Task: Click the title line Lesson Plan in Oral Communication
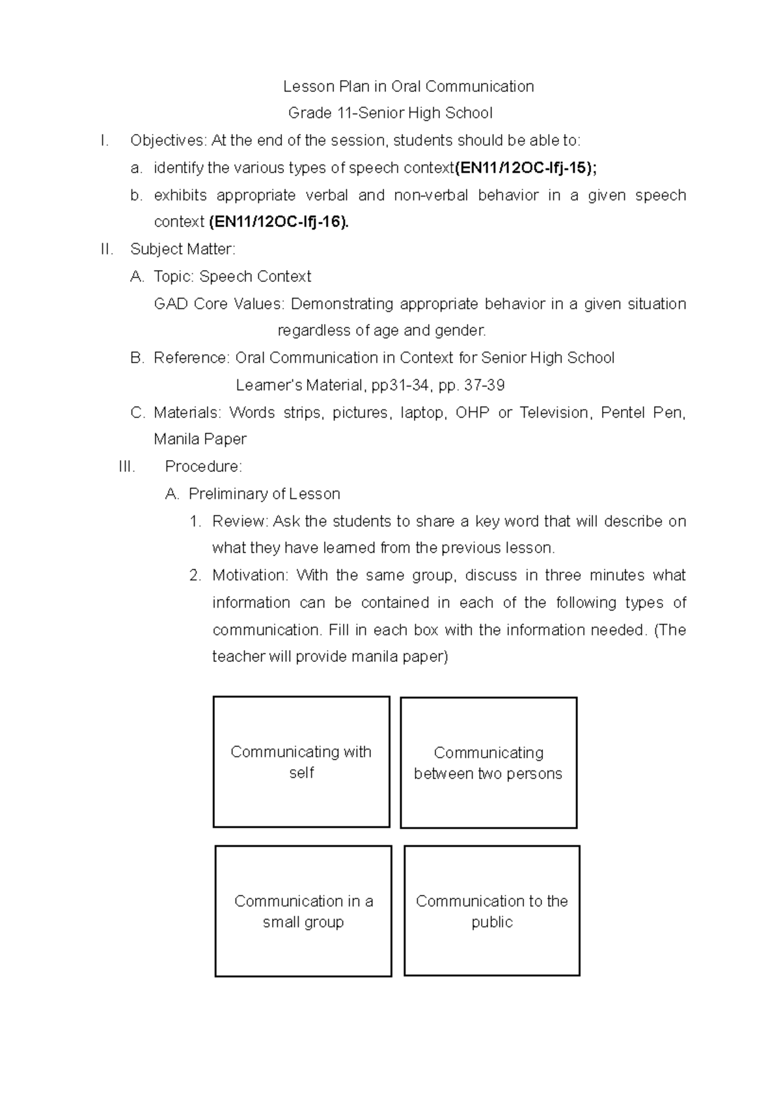408,87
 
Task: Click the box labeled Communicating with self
301,762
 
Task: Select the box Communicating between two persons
488,763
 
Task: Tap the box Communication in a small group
303,911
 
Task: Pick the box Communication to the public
492,911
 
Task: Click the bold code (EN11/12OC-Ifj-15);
525,168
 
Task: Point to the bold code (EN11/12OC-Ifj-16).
279,222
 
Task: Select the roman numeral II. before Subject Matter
107,249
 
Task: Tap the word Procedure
202,467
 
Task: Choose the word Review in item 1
239,521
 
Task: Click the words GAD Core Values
219,304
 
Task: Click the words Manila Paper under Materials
200,439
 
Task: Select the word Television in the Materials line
555,413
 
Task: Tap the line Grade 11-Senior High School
390,113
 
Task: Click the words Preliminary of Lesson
264,494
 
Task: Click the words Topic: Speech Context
232,277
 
